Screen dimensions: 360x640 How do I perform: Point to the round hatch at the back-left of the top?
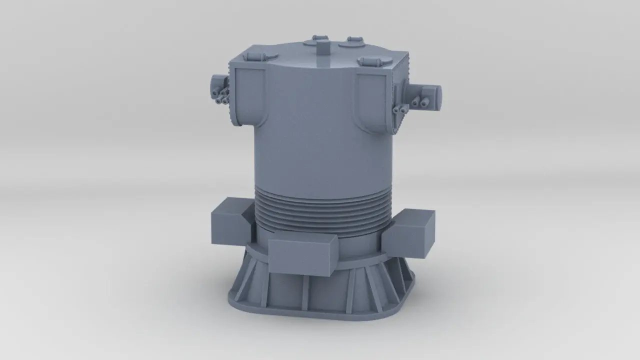coord(316,40)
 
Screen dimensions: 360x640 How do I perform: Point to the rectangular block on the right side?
coord(410,232)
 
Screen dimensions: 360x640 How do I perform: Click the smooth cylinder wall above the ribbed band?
coord(322,145)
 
